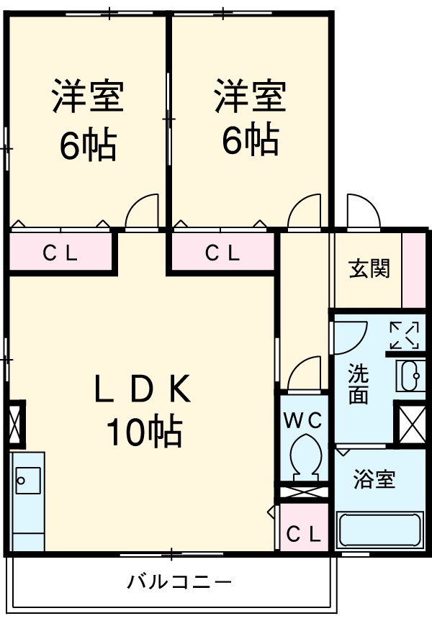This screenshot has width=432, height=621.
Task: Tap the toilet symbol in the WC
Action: (305, 455)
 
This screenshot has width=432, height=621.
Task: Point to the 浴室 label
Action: (374, 480)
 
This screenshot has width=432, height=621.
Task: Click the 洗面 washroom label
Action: (358, 384)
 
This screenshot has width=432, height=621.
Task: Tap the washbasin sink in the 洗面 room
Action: (410, 375)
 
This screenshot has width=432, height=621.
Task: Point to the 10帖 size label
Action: (144, 432)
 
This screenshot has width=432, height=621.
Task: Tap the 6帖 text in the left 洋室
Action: (88, 147)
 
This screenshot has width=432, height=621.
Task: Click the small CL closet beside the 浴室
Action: (305, 532)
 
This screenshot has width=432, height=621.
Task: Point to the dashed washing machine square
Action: (404, 335)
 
